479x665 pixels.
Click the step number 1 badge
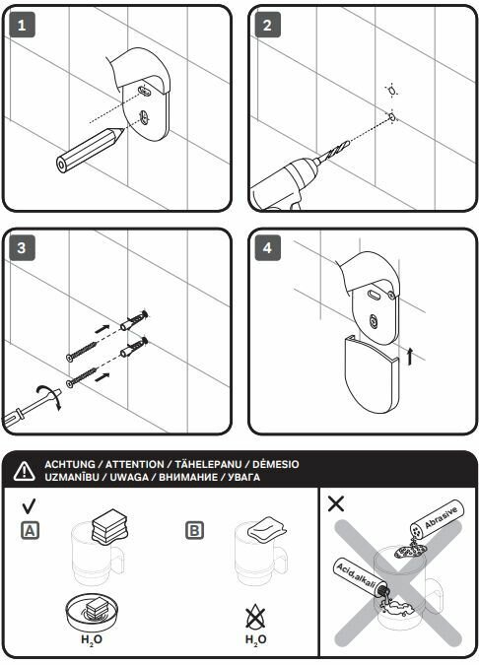(x=22, y=26)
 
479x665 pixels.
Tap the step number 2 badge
(x=267, y=26)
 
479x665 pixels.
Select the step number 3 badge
(x=22, y=248)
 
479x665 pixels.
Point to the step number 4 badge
(x=267, y=248)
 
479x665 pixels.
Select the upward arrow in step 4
(x=409, y=356)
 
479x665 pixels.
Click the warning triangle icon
(x=25, y=471)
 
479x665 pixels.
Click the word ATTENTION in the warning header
(x=134, y=464)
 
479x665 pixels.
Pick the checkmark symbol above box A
(x=29, y=505)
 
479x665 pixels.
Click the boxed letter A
(x=31, y=531)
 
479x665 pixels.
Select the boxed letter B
(x=194, y=531)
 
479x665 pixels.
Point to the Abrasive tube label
(x=442, y=517)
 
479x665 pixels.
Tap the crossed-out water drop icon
(x=255, y=618)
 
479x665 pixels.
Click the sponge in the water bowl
(x=93, y=610)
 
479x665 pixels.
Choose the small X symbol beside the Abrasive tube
(x=336, y=503)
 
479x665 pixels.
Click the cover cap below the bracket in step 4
(x=372, y=374)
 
